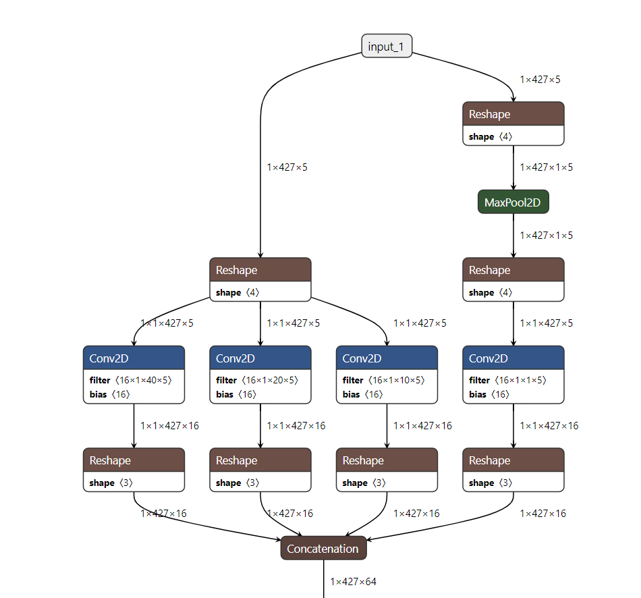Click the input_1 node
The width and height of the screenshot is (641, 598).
(387, 46)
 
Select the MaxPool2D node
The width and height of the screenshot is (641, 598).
(513, 202)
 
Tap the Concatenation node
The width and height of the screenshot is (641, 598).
(323, 549)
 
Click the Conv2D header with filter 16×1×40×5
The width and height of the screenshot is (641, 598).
(134, 358)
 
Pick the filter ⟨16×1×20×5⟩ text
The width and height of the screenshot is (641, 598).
(256, 380)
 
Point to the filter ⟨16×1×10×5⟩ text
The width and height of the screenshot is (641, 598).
(383, 380)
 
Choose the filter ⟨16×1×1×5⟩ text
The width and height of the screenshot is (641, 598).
(507, 380)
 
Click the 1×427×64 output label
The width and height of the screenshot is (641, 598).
(353, 581)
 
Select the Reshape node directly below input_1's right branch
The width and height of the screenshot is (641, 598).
(513, 115)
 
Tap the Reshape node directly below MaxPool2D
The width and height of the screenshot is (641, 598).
(513, 270)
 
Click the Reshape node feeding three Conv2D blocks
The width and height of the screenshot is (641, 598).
(260, 270)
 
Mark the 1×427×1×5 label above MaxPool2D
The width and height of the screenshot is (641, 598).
(546, 167)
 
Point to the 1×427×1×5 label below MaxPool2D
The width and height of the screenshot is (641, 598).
(546, 236)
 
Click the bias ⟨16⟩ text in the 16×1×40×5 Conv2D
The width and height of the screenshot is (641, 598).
(109, 394)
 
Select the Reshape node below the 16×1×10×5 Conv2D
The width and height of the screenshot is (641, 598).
(387, 461)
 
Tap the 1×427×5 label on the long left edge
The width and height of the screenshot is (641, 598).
(287, 167)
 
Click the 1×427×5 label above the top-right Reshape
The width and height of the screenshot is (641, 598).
(540, 80)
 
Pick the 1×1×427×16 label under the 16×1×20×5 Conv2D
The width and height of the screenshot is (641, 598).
(296, 426)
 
